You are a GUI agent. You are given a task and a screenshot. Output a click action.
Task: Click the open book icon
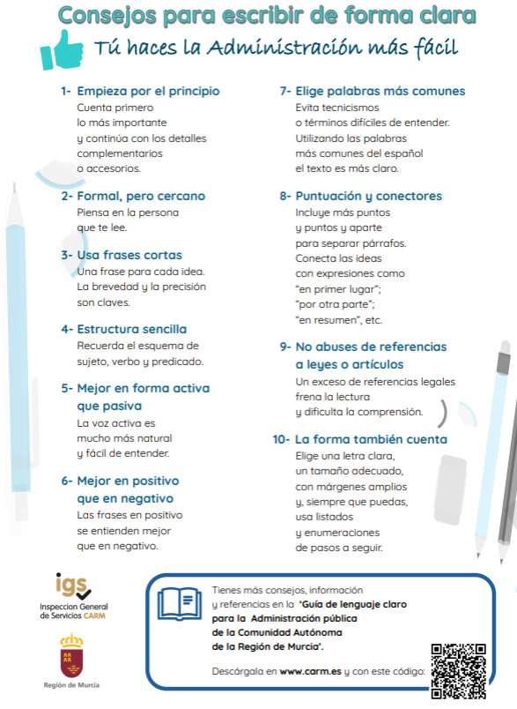pos(180,603)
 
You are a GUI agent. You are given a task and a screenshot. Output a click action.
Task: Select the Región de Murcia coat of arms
pos(71,653)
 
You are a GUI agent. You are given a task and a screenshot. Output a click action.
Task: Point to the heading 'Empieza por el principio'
pos(148,91)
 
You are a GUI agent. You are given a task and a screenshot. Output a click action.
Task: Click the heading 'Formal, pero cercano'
pos(141,196)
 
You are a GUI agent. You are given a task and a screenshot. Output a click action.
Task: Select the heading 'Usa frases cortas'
pos(129,255)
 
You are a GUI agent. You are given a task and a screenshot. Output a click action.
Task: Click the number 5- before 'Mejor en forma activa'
pos(67,388)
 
